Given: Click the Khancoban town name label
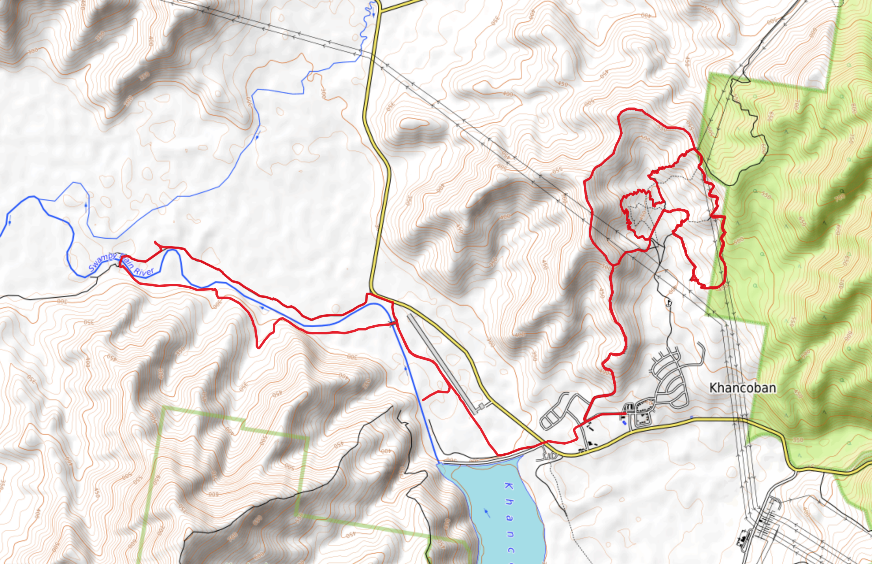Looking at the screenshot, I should coord(742,388).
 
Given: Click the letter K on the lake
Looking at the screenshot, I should coord(508,486).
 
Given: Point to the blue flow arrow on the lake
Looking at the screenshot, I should coord(487,512).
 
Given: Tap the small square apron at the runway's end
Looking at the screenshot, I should coord(481,406).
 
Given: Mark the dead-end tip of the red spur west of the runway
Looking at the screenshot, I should coord(423,400).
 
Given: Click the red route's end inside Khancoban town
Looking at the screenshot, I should coord(625,414).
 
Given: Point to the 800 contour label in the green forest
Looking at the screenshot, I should coord(853,109).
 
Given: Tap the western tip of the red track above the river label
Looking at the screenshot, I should coord(156,242).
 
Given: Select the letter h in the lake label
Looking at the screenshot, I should coord(510,502).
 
